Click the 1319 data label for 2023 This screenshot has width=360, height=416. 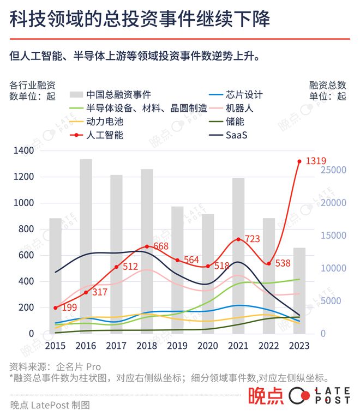tap(316, 161)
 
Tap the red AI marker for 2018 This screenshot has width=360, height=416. tap(147, 246)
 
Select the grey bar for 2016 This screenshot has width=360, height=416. tap(86, 245)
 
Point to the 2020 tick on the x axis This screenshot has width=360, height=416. tap(208, 346)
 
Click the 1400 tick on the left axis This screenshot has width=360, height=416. tap(24, 151)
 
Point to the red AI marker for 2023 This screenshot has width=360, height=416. tap(299, 161)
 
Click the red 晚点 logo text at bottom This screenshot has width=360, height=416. tap(266, 396)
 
